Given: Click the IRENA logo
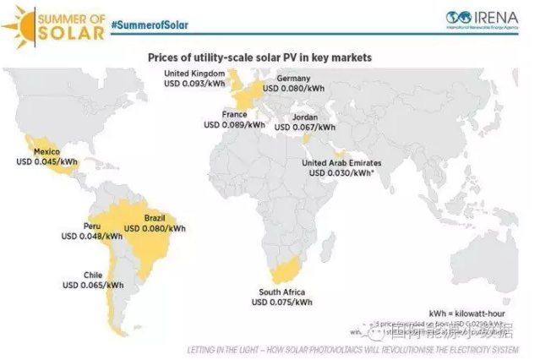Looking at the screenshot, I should pos(485,18).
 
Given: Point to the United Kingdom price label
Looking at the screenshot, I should pos(195,79).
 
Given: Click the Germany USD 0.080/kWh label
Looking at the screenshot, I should pos(293,81).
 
